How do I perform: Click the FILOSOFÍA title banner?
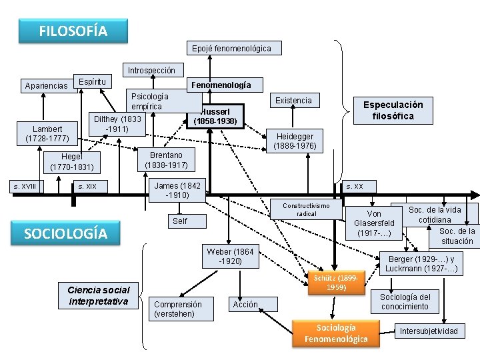click(73, 31)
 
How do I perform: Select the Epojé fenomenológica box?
click(231, 49)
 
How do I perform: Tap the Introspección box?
click(151, 70)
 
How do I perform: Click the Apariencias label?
click(46, 86)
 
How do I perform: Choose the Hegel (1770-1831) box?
click(72, 161)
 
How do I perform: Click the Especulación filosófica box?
click(393, 111)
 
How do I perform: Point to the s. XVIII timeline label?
click(25, 187)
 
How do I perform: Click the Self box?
click(180, 221)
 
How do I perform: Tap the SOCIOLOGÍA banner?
click(65, 233)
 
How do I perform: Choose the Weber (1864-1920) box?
click(230, 257)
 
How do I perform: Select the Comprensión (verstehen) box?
click(177, 309)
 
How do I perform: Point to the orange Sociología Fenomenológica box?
click(336, 333)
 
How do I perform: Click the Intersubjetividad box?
click(429, 331)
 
